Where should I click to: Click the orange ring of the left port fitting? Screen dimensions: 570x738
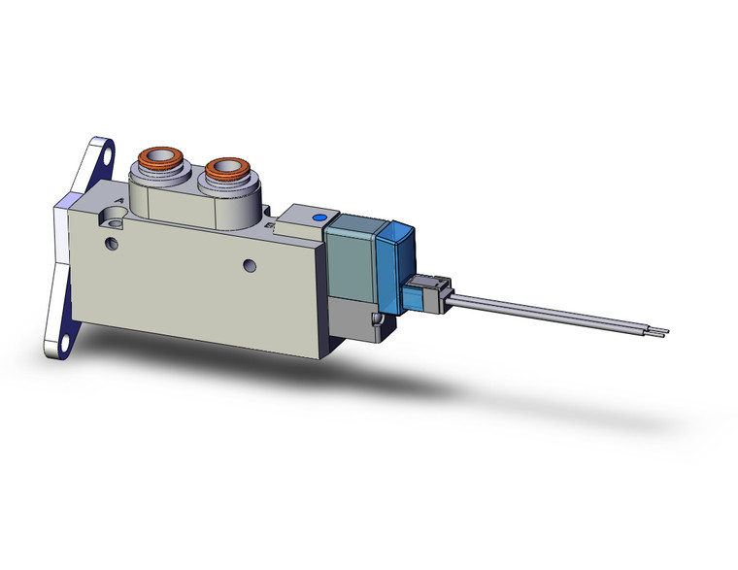pos(156,156)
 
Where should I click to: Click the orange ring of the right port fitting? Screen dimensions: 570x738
pos(227,167)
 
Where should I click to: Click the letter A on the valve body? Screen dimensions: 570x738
pos(119,200)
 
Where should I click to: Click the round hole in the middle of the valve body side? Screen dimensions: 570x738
pos(250,264)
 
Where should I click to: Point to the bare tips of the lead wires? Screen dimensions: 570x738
pos(662,335)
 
